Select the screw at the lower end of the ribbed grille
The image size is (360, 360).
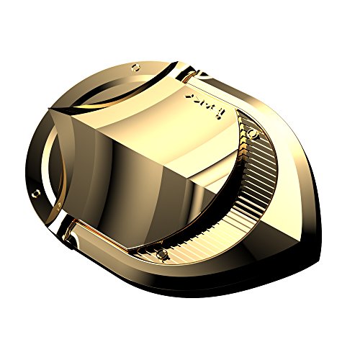(x=163, y=254)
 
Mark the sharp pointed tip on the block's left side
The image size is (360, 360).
(x=48, y=109)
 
